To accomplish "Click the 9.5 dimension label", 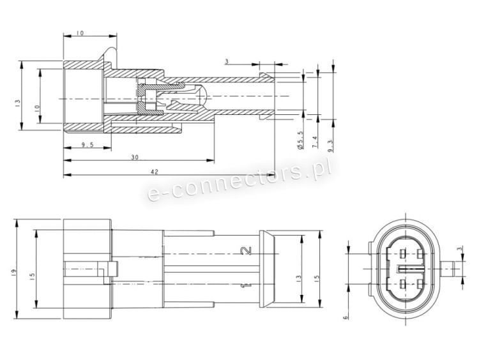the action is click(x=87, y=145).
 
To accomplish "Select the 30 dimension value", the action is click(x=135, y=157).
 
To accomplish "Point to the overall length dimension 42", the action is click(x=155, y=172).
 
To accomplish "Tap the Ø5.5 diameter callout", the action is click(x=300, y=140).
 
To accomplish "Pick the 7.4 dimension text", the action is click(x=315, y=142).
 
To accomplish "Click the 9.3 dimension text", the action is click(x=331, y=145).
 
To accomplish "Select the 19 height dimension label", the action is click(x=13, y=272).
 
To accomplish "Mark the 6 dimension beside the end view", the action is click(x=345, y=318).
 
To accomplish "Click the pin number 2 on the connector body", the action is click(x=247, y=251).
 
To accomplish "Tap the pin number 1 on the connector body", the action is click(x=247, y=285).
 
